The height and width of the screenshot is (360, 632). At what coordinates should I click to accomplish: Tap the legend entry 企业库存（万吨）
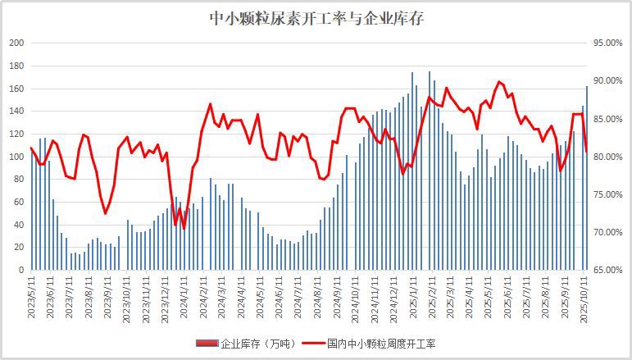[252, 344]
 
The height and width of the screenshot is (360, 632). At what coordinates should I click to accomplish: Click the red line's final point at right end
[587, 150]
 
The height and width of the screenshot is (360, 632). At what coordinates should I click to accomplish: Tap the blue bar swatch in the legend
[207, 344]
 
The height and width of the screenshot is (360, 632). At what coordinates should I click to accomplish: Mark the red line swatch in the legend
[312, 344]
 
